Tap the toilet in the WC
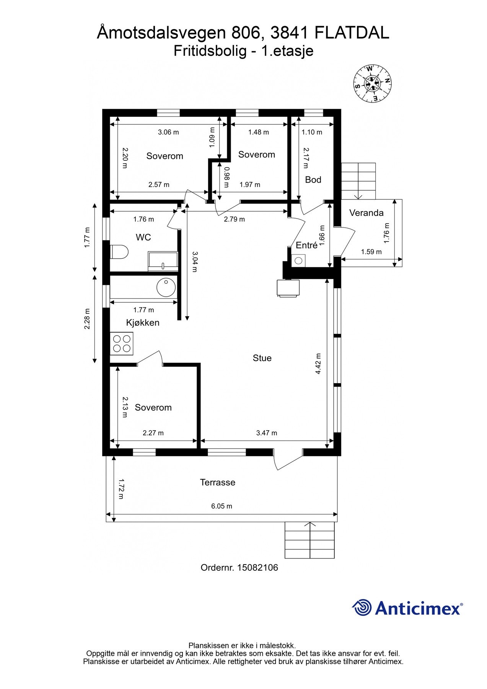point(119,252)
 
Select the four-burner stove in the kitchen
point(122,343)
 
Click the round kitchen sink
point(166,287)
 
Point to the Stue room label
point(262,358)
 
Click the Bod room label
point(313,180)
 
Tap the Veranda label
point(366,213)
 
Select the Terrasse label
point(217,482)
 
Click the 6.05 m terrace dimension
point(222,506)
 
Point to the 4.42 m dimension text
point(318,364)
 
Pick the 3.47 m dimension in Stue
point(267,433)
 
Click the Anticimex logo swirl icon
point(362,607)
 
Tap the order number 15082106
point(257,568)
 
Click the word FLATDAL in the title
point(352,33)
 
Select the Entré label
point(306,245)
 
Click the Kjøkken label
point(143,323)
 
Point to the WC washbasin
point(163,261)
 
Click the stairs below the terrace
point(310,540)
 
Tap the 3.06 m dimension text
point(168,132)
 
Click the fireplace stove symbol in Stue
point(288,288)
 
